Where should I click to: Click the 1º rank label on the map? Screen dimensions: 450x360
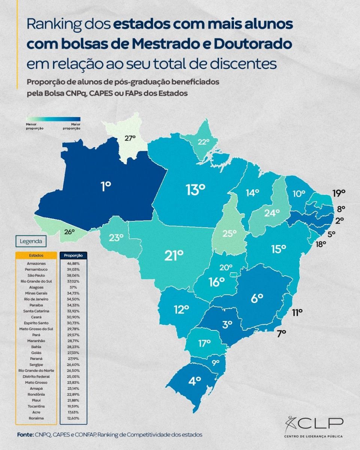(106, 186)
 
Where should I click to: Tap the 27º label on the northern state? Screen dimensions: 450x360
(130, 138)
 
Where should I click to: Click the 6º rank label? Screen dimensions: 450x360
(257, 298)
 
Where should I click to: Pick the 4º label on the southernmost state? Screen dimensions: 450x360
(195, 381)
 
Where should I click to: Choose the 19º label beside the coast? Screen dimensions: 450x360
(339, 193)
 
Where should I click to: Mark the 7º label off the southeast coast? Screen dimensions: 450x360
(282, 332)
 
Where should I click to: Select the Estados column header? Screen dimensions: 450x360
(36, 255)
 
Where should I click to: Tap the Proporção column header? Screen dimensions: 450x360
(73, 255)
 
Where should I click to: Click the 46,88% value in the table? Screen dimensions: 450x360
(73, 264)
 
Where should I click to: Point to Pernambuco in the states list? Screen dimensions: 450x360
(36, 269)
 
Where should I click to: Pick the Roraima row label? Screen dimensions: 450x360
(36, 418)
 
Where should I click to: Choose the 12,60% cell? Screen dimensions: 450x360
(73, 418)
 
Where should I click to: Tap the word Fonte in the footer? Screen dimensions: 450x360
(25, 435)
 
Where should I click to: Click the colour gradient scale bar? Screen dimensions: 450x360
(53, 119)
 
